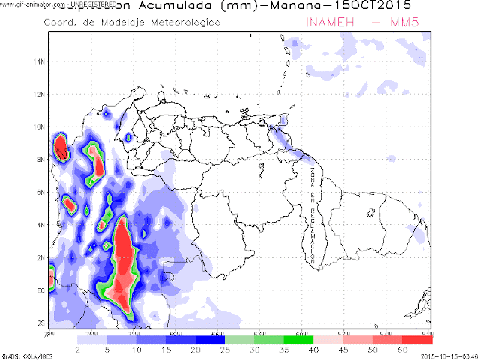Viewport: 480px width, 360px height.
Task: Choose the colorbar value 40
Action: click(314, 349)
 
